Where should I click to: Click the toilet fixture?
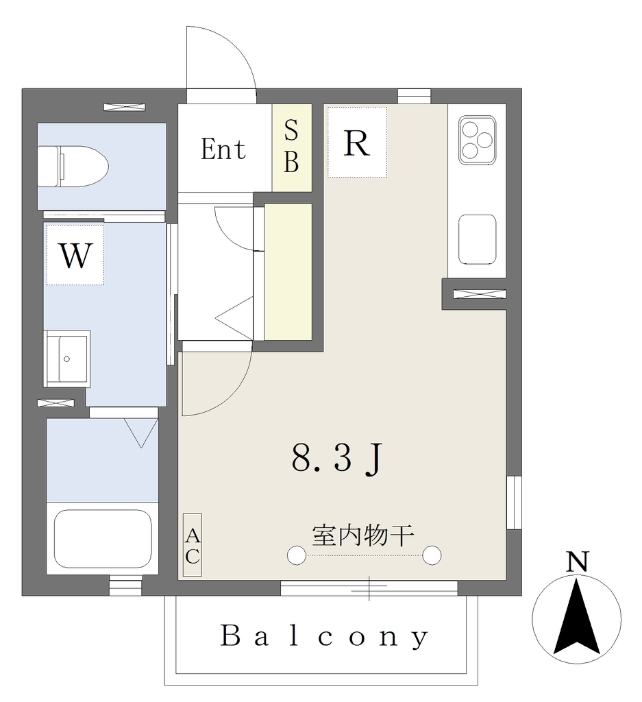pyautogui.click(x=73, y=166)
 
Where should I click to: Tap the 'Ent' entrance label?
pyautogui.click(x=223, y=149)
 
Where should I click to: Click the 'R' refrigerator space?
pyautogui.click(x=357, y=143)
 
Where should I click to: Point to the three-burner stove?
pyautogui.click(x=478, y=140)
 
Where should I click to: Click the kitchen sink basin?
pyautogui.click(x=478, y=239)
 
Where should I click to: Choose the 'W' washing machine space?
pyautogui.click(x=75, y=255)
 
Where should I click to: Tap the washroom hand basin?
pyautogui.click(x=66, y=359)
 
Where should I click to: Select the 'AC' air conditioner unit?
pyautogui.click(x=193, y=545)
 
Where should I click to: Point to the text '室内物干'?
pyautogui.click(x=363, y=535)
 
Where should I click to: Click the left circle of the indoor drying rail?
pyautogui.click(x=296, y=555)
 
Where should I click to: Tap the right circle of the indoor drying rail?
pyautogui.click(x=432, y=555)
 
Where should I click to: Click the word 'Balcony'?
pyautogui.click(x=325, y=636)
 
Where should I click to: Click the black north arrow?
pyautogui.click(x=577, y=616)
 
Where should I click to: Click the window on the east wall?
pyautogui.click(x=514, y=503)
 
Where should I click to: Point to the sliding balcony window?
pyautogui.click(x=369, y=588)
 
